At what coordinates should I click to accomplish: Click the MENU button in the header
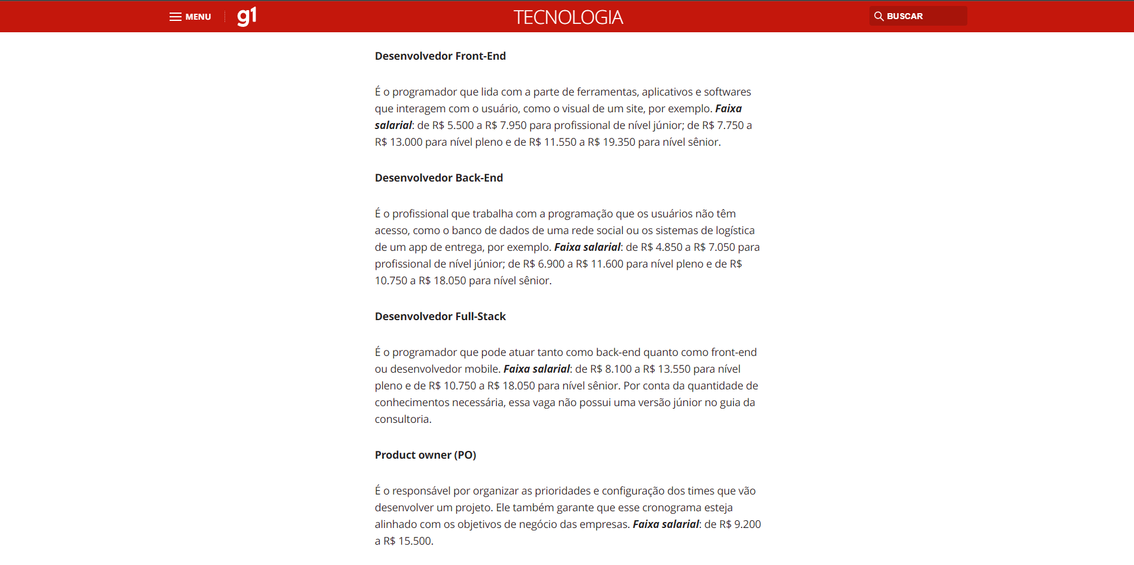(190, 17)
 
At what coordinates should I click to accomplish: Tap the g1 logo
(247, 16)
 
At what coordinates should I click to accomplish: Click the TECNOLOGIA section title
(568, 17)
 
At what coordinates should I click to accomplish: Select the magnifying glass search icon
(879, 16)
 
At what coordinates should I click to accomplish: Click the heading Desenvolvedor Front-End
(440, 56)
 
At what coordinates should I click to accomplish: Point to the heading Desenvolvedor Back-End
(439, 178)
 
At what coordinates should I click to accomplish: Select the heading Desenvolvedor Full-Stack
(440, 317)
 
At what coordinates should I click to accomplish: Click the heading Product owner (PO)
(425, 455)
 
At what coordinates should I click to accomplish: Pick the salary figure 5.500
(460, 125)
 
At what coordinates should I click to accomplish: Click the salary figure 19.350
(619, 142)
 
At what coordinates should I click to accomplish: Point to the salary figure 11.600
(607, 264)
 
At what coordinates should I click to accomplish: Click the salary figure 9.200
(748, 524)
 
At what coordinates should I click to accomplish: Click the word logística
(735, 231)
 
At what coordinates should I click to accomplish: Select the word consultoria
(402, 419)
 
